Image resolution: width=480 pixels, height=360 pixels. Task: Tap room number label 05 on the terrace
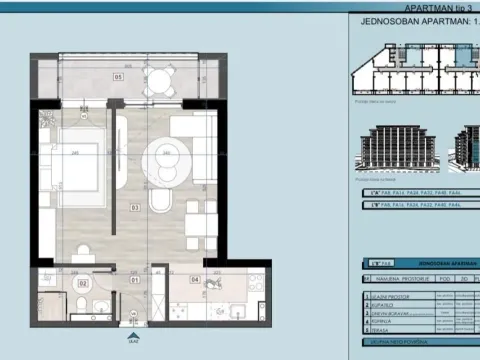point(118,76)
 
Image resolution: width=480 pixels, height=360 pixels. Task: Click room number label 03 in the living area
point(134,209)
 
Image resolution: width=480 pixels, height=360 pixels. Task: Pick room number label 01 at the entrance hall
point(133,280)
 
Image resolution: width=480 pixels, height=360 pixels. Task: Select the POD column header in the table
point(444,279)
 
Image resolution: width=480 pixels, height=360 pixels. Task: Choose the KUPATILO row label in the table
point(386,304)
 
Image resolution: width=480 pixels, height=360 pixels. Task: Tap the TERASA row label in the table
point(384,329)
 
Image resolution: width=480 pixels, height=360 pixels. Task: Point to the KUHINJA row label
point(385,321)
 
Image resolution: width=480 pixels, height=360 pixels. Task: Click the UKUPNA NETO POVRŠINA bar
point(400,342)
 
